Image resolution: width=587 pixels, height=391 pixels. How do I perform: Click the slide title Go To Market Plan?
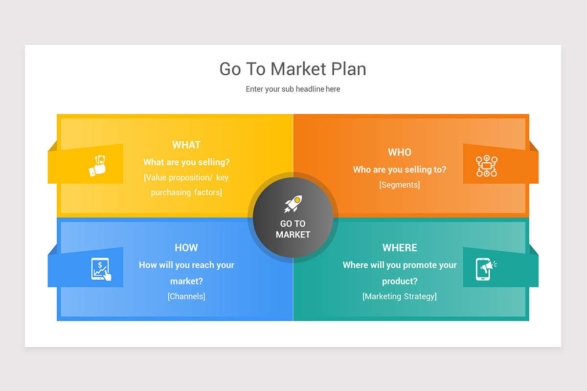pyautogui.click(x=293, y=69)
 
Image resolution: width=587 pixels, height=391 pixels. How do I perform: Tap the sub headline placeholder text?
pyautogui.click(x=293, y=89)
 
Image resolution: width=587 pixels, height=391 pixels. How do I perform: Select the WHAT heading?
pyautogui.click(x=186, y=145)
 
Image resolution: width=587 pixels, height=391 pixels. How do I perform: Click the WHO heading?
pyautogui.click(x=400, y=152)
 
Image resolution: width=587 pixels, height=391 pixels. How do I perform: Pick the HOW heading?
pyautogui.click(x=186, y=248)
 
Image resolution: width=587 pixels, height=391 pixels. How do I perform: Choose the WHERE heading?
pyautogui.click(x=400, y=248)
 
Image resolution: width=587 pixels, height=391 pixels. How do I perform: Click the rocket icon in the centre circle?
pyautogui.click(x=293, y=204)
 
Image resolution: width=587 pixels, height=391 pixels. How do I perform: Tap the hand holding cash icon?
pyautogui.click(x=97, y=166)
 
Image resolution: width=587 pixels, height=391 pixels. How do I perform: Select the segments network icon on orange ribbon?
pyautogui.click(x=486, y=166)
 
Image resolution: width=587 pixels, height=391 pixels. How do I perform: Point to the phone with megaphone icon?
pyautogui.click(x=486, y=269)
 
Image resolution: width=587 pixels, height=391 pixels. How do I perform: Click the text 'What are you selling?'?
pyautogui.click(x=186, y=162)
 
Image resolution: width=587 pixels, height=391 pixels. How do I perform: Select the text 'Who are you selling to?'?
pyautogui.click(x=400, y=170)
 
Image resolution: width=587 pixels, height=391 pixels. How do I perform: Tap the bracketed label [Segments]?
pyautogui.click(x=400, y=185)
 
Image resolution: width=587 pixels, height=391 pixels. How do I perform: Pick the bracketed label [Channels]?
pyautogui.click(x=186, y=296)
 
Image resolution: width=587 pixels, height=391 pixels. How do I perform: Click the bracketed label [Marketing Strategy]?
pyautogui.click(x=400, y=296)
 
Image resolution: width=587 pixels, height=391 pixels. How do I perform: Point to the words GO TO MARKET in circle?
pyautogui.click(x=293, y=229)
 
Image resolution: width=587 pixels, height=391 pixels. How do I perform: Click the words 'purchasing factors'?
pyautogui.click(x=186, y=193)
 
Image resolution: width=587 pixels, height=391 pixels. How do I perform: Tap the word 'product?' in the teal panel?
pyautogui.click(x=400, y=282)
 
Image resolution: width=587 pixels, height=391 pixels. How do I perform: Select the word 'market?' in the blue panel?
pyautogui.click(x=186, y=282)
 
